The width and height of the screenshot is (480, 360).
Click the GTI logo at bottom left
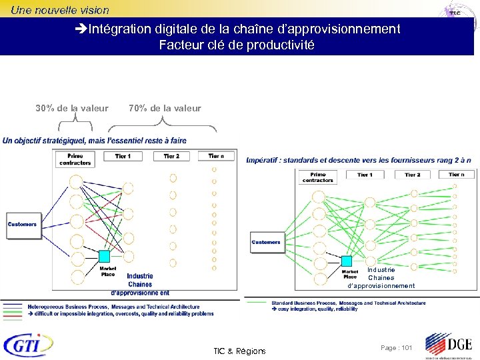click(28, 345)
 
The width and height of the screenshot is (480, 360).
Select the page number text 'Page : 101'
click(397, 348)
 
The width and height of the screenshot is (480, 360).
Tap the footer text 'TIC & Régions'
click(239, 351)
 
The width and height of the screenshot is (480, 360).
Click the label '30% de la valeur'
click(72, 108)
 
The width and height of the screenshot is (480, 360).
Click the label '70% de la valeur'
click(165, 108)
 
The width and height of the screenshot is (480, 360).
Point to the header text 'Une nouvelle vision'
click(59, 10)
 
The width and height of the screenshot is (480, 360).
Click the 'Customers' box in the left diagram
click(22, 224)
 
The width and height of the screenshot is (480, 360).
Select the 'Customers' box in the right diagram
click(266, 242)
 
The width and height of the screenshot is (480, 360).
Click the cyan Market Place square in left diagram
click(105, 256)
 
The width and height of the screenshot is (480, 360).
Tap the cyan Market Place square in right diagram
click(347, 261)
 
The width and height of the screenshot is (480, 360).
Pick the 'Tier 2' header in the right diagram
click(413, 175)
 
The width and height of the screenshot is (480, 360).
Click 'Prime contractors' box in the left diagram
click(75, 159)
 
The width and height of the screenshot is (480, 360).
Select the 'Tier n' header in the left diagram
click(216, 156)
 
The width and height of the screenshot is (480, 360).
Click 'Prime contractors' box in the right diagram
click(317, 177)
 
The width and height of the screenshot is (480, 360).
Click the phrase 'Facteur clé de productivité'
click(237, 45)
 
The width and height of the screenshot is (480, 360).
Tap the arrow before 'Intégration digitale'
click(81, 29)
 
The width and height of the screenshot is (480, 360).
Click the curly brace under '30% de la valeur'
click(75, 122)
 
